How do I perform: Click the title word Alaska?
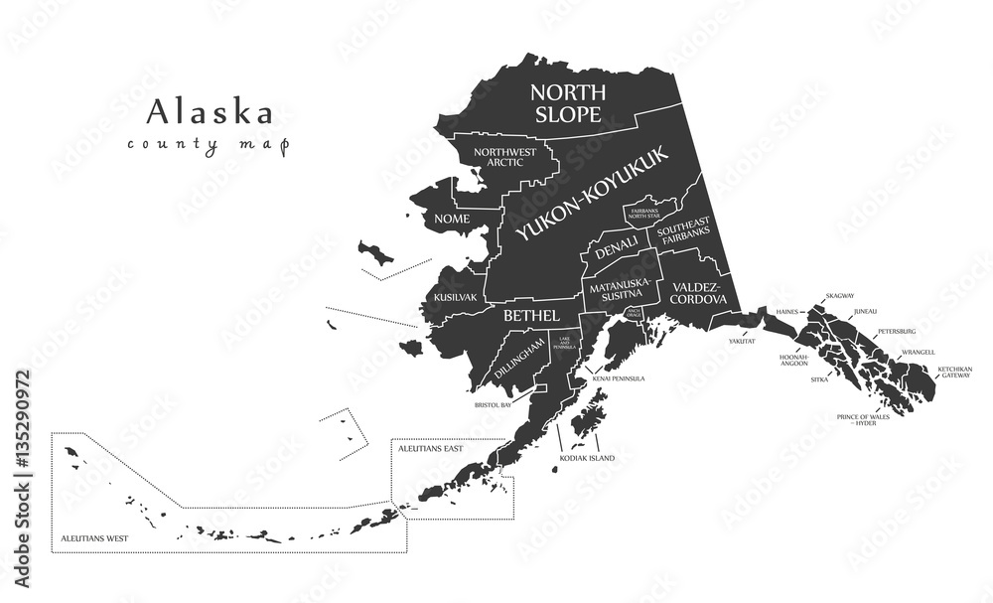(x=210, y=111)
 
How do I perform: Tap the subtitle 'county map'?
(x=208, y=145)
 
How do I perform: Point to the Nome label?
(x=446, y=219)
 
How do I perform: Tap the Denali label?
(x=617, y=252)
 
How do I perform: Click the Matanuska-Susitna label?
(x=620, y=289)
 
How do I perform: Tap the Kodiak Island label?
(x=588, y=458)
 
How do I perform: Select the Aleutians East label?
(x=430, y=449)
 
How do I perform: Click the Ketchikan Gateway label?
(x=955, y=373)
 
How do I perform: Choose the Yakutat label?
(x=742, y=341)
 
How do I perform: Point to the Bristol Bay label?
(x=493, y=405)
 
